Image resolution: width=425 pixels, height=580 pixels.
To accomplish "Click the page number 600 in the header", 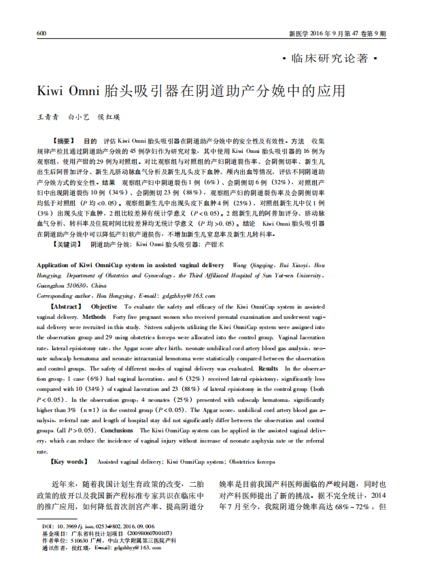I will point(41,33).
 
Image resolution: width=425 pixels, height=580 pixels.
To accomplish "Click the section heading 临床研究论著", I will point(329,58).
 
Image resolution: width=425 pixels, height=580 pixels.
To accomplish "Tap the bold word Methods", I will point(95,317).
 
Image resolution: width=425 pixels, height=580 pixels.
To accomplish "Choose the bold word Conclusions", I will point(118,430).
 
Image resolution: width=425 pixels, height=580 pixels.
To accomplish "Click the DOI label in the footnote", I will point(47,526).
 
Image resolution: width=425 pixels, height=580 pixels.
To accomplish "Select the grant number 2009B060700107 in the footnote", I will point(151,533).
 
